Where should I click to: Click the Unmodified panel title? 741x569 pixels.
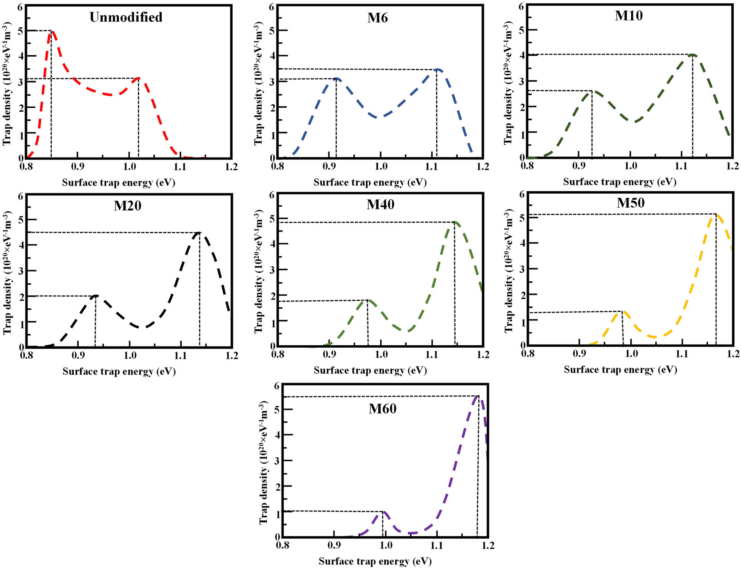click(x=126, y=17)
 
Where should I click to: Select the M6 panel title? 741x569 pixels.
click(x=378, y=18)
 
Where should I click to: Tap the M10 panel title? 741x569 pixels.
click(x=629, y=16)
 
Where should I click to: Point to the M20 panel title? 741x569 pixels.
click(x=127, y=205)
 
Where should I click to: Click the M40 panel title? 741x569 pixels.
click(x=381, y=204)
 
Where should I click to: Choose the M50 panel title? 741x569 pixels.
click(x=631, y=203)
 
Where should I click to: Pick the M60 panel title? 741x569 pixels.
click(x=382, y=409)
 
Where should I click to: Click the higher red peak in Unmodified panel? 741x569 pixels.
click(x=53, y=32)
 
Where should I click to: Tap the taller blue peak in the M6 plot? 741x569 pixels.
click(x=438, y=69)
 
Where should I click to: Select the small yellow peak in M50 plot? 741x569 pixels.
click(x=622, y=312)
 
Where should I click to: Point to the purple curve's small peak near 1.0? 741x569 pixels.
click(x=384, y=512)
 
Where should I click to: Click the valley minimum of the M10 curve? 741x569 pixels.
click(x=634, y=121)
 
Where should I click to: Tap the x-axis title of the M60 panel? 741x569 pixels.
click(x=375, y=561)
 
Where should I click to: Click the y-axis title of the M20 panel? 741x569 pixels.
click(x=7, y=273)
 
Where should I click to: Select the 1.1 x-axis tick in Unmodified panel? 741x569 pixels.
click(x=180, y=167)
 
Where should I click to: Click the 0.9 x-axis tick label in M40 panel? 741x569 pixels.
click(x=329, y=355)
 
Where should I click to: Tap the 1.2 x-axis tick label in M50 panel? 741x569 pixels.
click(x=732, y=353)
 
